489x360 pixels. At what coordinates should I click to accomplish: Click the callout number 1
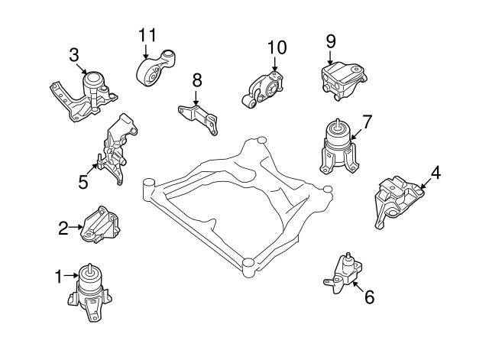58,276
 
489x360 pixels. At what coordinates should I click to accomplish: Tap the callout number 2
63,226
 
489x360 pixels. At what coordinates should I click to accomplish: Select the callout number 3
73,55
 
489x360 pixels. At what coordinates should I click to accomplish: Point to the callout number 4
435,173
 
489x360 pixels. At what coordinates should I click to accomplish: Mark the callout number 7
367,121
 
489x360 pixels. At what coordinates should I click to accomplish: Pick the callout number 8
196,79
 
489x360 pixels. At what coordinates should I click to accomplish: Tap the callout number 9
331,40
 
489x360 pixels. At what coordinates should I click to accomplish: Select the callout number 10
277,47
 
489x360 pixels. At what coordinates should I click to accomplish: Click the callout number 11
147,34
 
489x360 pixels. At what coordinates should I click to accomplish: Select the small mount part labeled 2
100,225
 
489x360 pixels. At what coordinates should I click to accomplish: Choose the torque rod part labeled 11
157,72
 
